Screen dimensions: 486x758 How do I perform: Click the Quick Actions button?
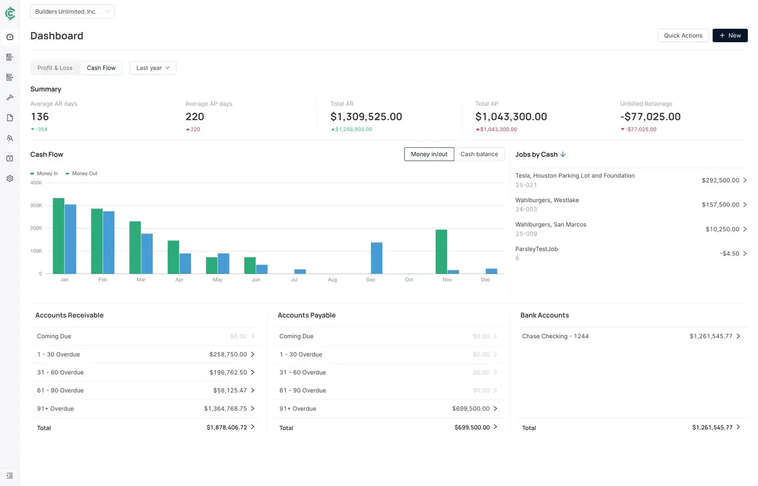tap(683, 36)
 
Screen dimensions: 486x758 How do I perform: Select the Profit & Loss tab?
tap(55, 68)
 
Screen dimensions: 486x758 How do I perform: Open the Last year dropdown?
tap(153, 68)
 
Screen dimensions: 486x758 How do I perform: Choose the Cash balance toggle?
tap(479, 154)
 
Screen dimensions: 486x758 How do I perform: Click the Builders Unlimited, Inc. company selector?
tap(72, 12)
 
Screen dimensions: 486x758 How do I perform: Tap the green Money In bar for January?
tap(58, 236)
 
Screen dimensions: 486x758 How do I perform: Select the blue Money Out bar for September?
tap(376, 258)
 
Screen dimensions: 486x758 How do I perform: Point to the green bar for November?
tap(441, 252)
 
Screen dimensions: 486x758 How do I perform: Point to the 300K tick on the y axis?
tap(36, 206)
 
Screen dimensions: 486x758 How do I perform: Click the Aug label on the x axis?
tap(332, 280)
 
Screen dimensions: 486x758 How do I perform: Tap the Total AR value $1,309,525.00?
tap(366, 117)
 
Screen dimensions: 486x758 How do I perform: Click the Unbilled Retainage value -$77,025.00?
tap(650, 117)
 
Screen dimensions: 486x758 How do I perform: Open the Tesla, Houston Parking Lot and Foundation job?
tap(574, 176)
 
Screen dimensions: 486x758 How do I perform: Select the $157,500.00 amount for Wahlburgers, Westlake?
tap(720, 205)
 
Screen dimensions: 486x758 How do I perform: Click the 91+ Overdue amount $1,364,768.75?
tap(225, 409)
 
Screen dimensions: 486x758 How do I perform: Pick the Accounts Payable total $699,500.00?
tap(472, 427)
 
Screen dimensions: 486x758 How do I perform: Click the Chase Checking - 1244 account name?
tap(555, 336)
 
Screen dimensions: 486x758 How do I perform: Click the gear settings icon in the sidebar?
tap(10, 179)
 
